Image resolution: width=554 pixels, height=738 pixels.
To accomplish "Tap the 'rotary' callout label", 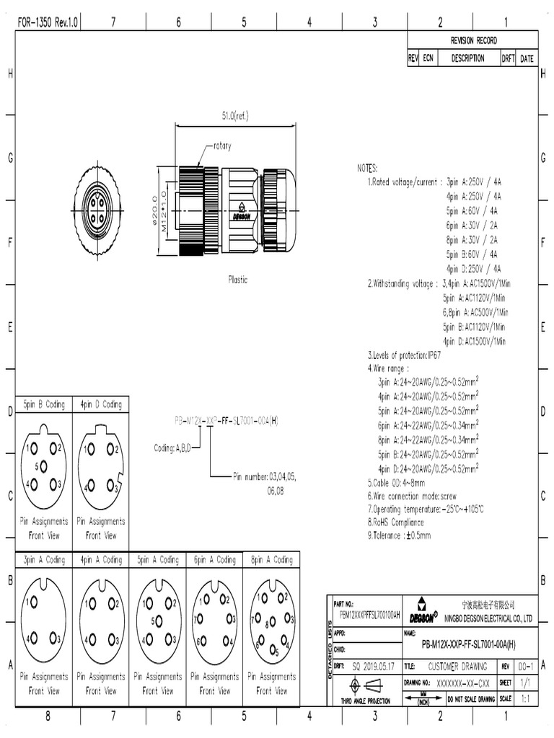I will pyautogui.click(x=221, y=146).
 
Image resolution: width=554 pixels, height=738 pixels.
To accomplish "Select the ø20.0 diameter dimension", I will pyautogui.click(x=154, y=210).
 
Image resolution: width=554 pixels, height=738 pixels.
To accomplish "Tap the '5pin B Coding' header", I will pyautogui.click(x=44, y=404).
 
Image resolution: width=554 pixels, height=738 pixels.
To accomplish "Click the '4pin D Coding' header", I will pyautogui.click(x=100, y=404).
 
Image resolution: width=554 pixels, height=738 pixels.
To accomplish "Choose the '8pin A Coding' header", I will pyautogui.click(x=271, y=559).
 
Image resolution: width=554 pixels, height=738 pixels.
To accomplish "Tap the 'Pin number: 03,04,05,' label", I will pyautogui.click(x=264, y=476).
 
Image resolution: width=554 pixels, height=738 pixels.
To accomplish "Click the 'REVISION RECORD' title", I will pyautogui.click(x=473, y=40).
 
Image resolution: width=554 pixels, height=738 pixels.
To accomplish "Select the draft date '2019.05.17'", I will pyautogui.click(x=374, y=667).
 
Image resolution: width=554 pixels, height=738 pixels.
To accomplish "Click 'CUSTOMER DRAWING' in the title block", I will pyautogui.click(x=457, y=667).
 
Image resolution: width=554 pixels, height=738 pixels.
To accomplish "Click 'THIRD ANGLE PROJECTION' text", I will pyautogui.click(x=365, y=701).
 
